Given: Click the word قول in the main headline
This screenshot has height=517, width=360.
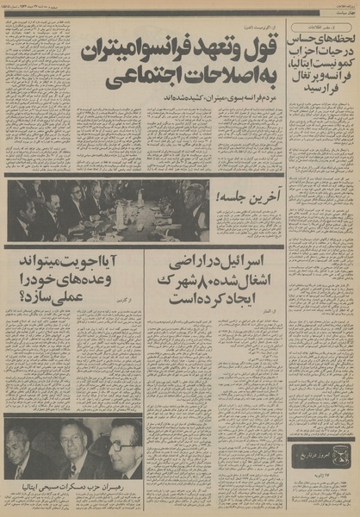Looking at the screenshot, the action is pos(262,34).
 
